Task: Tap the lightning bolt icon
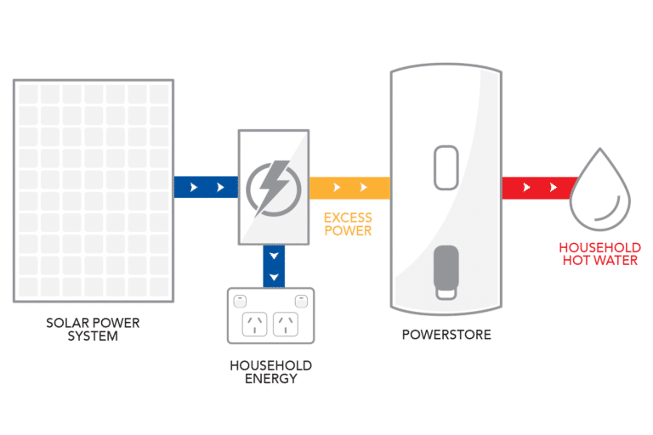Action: tap(272, 187)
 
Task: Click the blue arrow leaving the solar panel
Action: tap(205, 187)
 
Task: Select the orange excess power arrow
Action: tap(349, 187)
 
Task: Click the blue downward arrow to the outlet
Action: tap(273, 265)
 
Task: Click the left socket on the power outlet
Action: tap(255, 324)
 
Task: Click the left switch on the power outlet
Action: tap(241, 301)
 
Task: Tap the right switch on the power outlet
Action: tap(301, 301)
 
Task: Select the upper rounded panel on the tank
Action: tap(446, 168)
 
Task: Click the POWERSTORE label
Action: tap(446, 335)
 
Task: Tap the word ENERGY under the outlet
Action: tap(270, 378)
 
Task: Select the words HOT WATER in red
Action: tap(598, 259)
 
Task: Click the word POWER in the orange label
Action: tap(348, 231)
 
